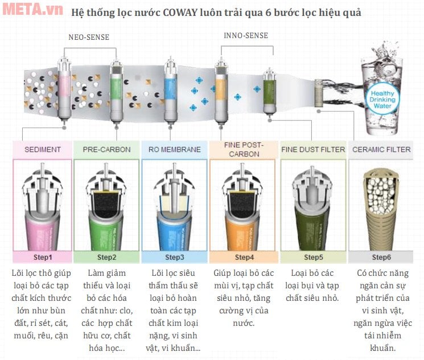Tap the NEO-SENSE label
(89, 38)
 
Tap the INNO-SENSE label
(245, 35)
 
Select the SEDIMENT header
(43, 150)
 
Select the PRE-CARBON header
(106, 150)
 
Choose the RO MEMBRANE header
(174, 150)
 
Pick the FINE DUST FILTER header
(313, 150)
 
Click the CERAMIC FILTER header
(381, 150)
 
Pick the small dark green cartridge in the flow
(269, 91)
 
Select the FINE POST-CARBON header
(244, 150)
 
